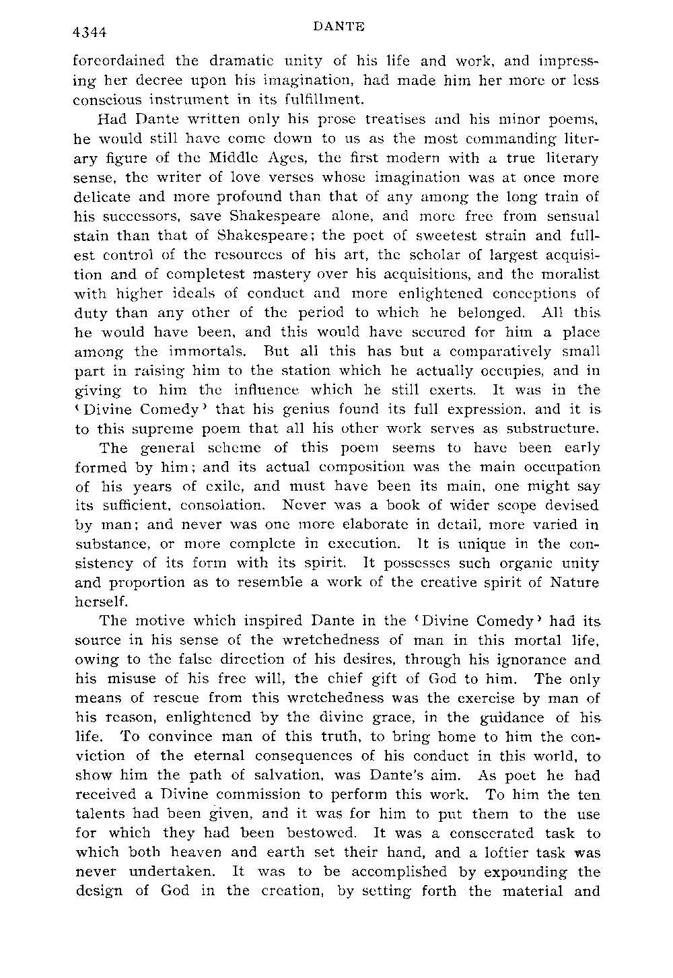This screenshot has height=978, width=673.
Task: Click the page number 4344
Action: (92, 32)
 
